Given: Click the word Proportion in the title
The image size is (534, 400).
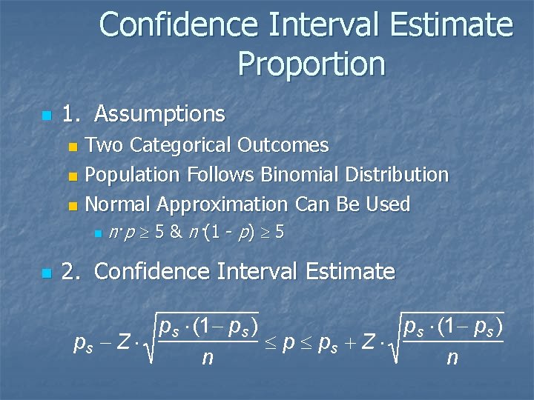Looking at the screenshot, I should pyautogui.click(x=311, y=64).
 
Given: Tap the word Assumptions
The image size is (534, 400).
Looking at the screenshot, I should pyautogui.click(x=159, y=114).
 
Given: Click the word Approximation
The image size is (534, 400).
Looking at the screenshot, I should pyautogui.click(x=220, y=204).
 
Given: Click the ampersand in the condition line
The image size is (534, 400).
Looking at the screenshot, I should pyautogui.click(x=176, y=232).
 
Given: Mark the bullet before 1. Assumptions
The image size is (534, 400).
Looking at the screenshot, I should pyautogui.click(x=47, y=116).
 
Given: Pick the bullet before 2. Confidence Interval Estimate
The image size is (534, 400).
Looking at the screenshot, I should pyautogui.click(x=47, y=273).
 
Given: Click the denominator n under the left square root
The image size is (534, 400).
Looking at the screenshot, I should pyautogui.click(x=208, y=359).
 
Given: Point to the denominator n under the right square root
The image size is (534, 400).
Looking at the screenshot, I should pyautogui.click(x=451, y=359).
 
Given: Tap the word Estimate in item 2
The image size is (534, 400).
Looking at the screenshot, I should pyautogui.click(x=349, y=272).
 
